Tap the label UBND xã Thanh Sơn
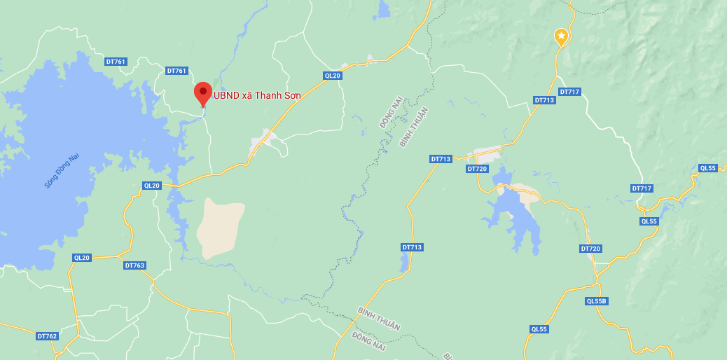click(257, 95)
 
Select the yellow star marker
click(560, 36)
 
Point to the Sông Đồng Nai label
click(62, 171)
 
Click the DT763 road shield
click(134, 265)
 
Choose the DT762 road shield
click(47, 336)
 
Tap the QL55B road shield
click(596, 301)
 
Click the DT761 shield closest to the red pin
click(177, 71)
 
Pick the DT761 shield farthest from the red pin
click(116, 62)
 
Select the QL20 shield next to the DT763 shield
click(82, 258)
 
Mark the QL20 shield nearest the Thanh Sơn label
click(332, 76)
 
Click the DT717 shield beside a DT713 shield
click(570, 92)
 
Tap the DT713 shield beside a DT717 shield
click(544, 100)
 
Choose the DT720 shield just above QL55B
click(590, 249)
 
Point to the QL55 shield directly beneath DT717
click(649, 221)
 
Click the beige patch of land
click(219, 226)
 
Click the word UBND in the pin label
click(226, 95)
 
